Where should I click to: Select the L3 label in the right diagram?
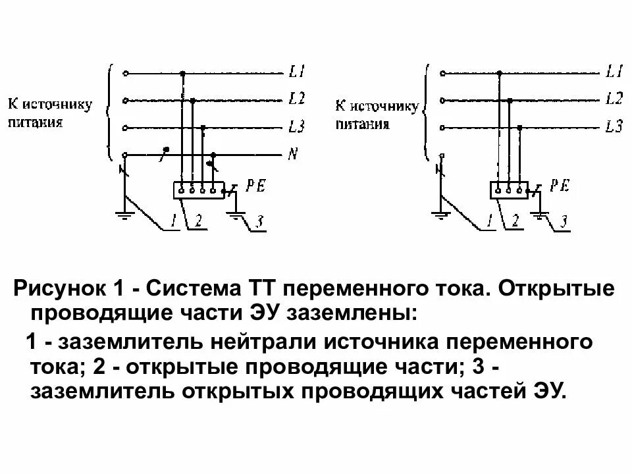pos(614,126)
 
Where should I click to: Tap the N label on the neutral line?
pos(293,155)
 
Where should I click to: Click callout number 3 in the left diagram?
pos(259,223)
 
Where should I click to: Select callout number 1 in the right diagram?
pos(489,221)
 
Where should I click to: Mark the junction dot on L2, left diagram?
pos(192,101)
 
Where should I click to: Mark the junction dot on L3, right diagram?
pos(520,127)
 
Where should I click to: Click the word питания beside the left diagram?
pos(36,122)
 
